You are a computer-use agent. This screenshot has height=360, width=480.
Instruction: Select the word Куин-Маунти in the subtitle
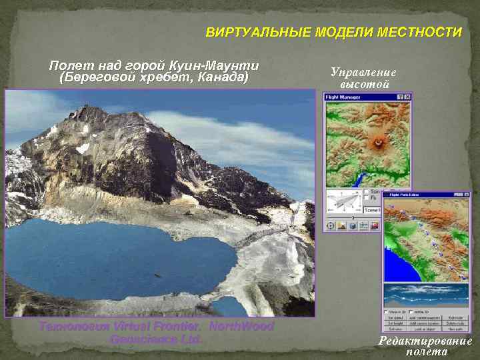214,66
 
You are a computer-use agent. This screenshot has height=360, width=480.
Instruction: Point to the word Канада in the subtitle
223,78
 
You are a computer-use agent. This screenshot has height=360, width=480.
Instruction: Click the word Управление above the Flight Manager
363,73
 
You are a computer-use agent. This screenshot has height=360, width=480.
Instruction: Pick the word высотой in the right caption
364,85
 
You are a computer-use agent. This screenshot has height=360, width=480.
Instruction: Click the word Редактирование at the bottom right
425,341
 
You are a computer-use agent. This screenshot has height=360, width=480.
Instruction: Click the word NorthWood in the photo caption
241,327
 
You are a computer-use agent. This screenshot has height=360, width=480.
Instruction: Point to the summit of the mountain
86,110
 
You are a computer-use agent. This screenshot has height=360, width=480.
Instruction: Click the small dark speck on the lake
158,275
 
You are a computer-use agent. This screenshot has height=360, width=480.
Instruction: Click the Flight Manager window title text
339,97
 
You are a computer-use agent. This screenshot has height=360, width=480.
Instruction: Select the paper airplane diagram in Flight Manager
343,201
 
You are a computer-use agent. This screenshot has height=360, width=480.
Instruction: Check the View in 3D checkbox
387,311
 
